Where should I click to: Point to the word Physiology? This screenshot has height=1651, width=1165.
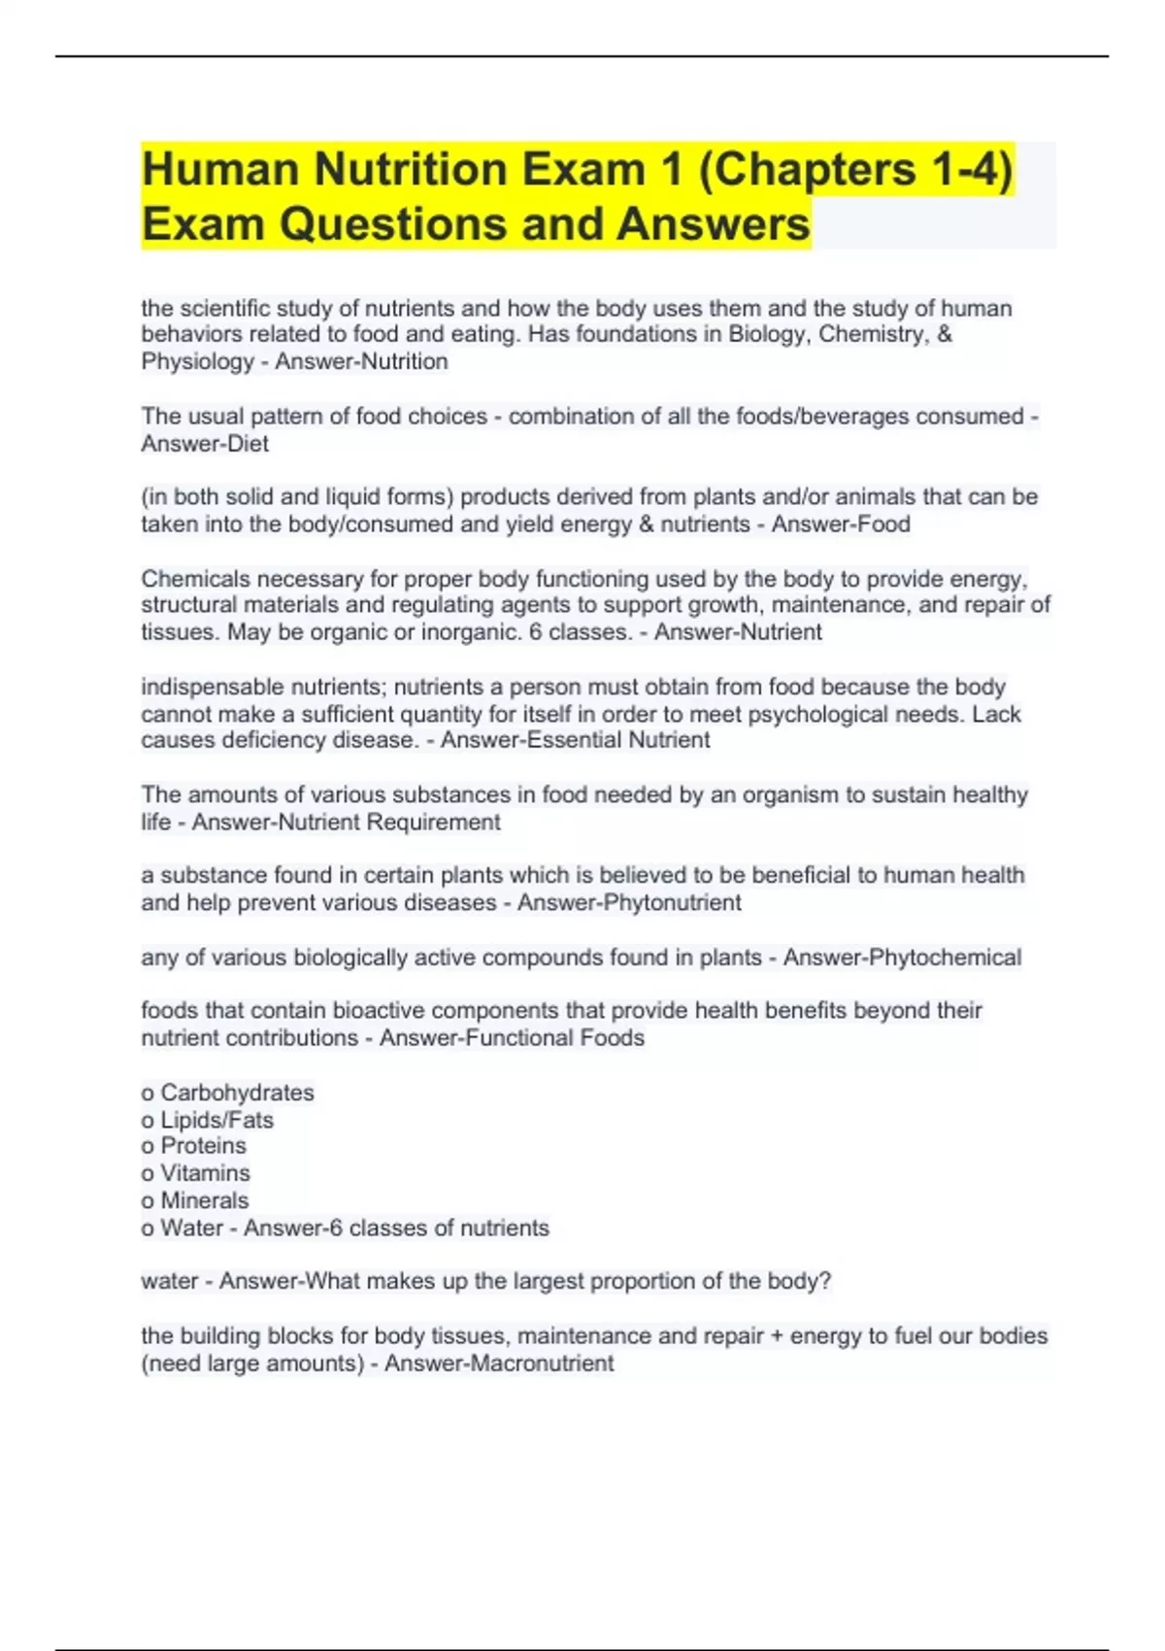(197, 361)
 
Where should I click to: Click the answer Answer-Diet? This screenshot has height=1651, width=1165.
(205, 444)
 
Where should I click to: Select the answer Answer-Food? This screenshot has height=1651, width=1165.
(841, 524)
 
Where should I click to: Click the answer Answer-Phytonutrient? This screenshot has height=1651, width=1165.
(629, 902)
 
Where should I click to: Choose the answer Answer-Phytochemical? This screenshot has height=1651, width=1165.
(902, 958)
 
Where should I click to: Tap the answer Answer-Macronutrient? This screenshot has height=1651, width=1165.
(499, 1364)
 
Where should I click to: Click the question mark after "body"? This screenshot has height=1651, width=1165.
(825, 1281)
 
